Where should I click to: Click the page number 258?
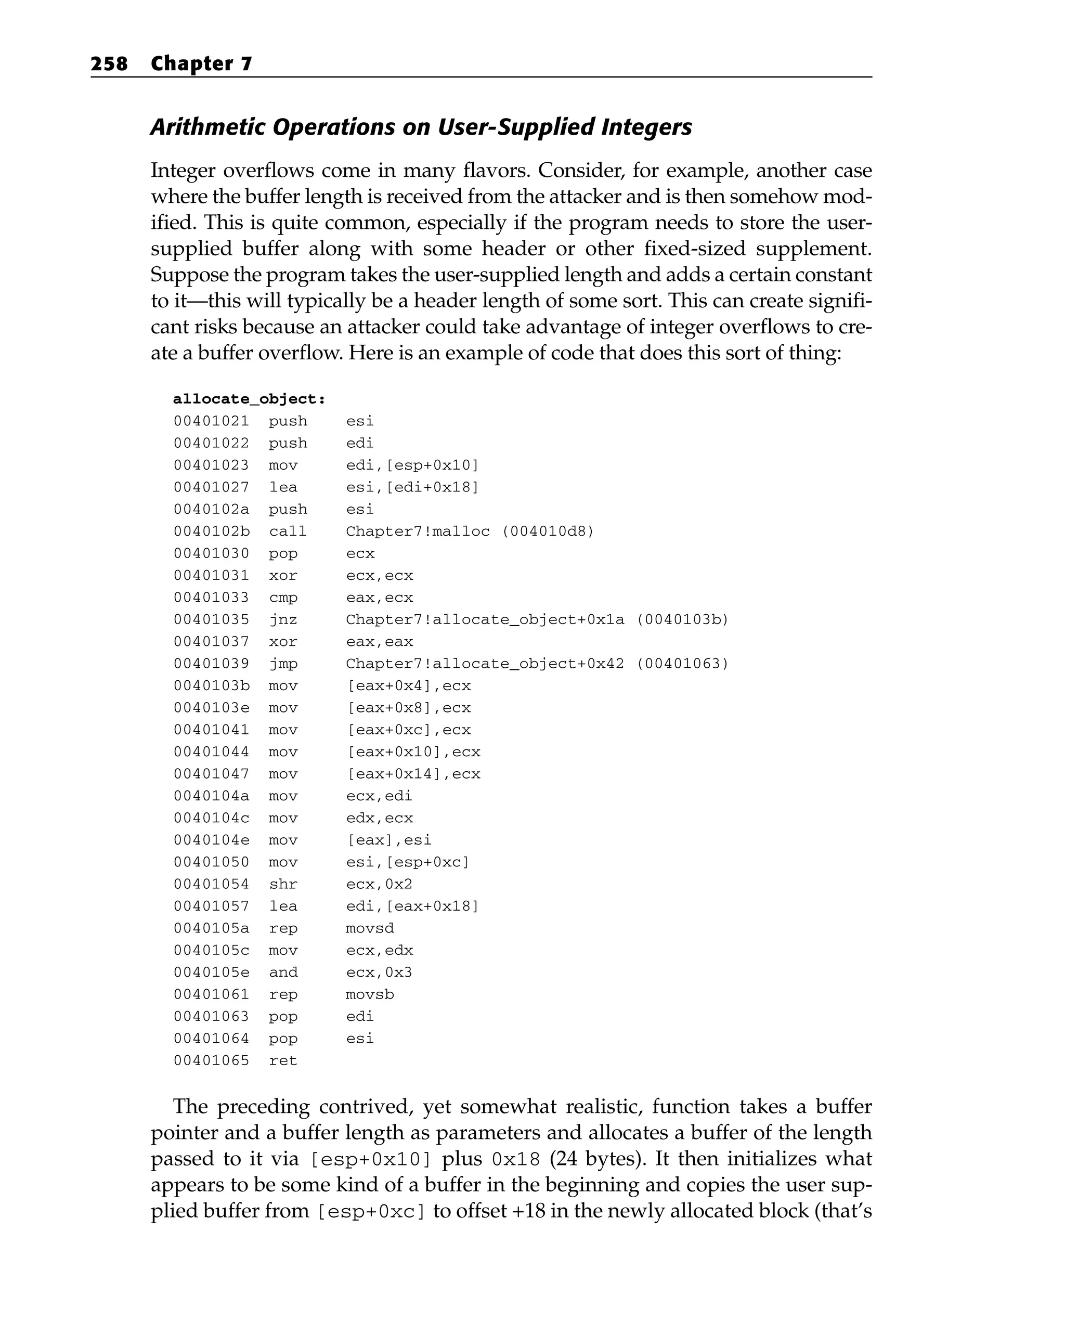pyautogui.click(x=109, y=64)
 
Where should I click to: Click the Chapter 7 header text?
pyautogui.click(x=201, y=64)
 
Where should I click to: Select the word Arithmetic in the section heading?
pyautogui.click(x=207, y=127)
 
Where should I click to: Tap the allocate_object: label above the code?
pyautogui.click(x=249, y=399)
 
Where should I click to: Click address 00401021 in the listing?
pyautogui.click(x=211, y=422)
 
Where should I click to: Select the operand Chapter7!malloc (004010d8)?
pyautogui.click(x=470, y=532)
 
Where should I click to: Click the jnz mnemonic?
pyautogui.click(x=283, y=620)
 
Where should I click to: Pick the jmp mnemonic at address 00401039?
pyautogui.click(x=283, y=664)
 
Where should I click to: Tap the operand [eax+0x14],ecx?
pyautogui.click(x=413, y=774)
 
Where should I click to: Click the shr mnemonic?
pyautogui.click(x=283, y=884)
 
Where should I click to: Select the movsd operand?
pyautogui.click(x=370, y=928)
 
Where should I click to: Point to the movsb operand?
pyautogui.click(x=370, y=994)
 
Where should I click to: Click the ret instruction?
pyautogui.click(x=283, y=1061)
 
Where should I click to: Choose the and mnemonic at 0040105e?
pyautogui.click(x=283, y=973)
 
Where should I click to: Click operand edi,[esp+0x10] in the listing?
pyautogui.click(x=412, y=465)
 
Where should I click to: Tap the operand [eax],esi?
pyautogui.click(x=389, y=840)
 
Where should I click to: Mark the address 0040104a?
pyautogui.click(x=211, y=796)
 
